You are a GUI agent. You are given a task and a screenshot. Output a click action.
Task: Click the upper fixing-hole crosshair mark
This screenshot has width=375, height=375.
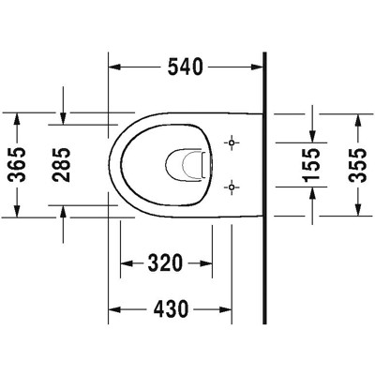point(231,143)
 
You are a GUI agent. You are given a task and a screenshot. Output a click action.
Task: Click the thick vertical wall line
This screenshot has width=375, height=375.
point(265,187)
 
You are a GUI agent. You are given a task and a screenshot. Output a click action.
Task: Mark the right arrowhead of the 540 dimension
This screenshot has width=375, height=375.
point(257,67)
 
